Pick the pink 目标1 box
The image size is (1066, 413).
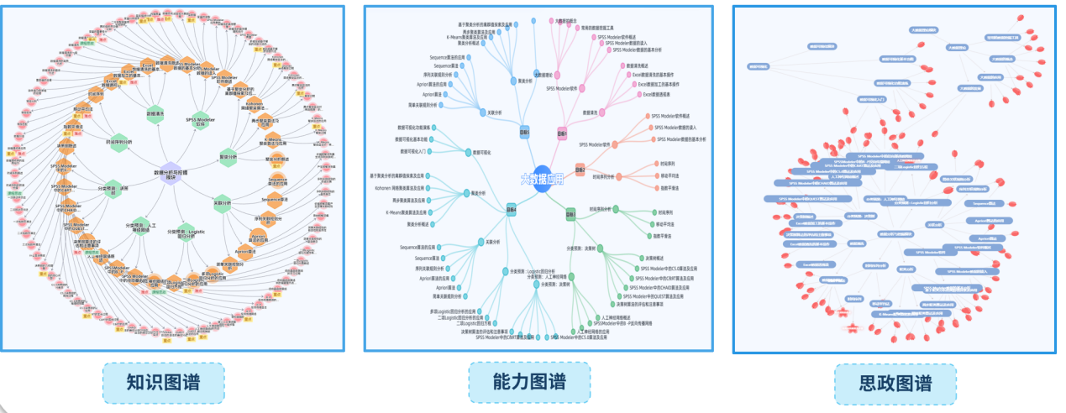point(562,133)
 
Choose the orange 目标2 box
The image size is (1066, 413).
point(580,170)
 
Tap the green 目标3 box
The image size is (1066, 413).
point(570,214)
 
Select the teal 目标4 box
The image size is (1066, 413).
point(511,209)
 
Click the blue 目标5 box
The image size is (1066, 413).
point(525,132)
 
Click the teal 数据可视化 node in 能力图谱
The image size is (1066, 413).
point(468,152)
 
